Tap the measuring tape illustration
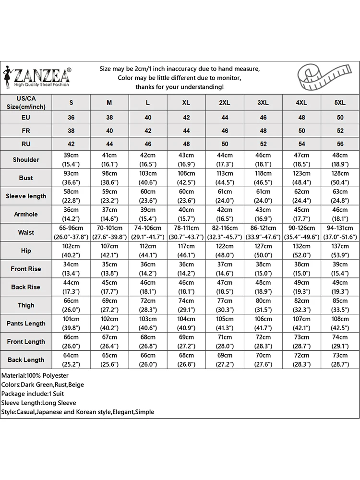pos(323,77)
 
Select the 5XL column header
pos(340,103)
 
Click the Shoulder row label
pos(26,160)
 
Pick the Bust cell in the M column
pos(109,178)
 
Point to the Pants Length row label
pos(26,324)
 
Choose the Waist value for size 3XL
pos(263,233)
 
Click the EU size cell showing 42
pos(186,118)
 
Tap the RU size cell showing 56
pos(340,144)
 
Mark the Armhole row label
pos(26,215)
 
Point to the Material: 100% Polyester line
pos(36,375)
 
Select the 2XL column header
pos(225,103)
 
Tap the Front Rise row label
pos(26,269)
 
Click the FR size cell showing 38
pos(71,131)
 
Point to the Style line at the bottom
pos(78,412)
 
